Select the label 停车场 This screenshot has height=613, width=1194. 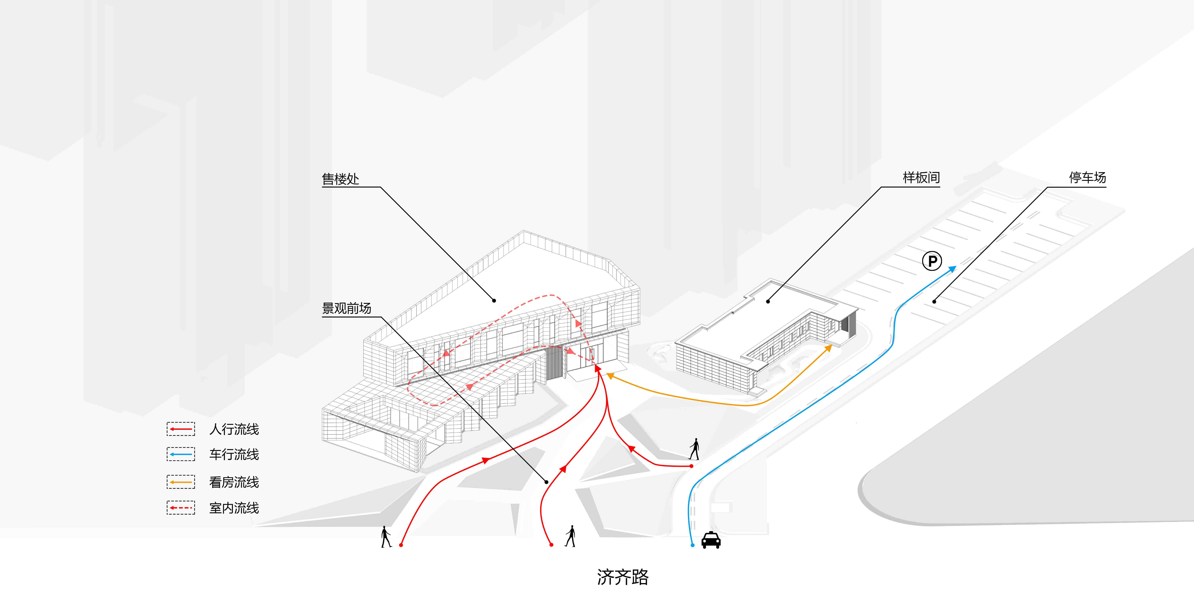click(x=1087, y=178)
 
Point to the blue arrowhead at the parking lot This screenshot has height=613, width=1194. click(x=952, y=269)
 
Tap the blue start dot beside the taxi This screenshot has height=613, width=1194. click(x=692, y=545)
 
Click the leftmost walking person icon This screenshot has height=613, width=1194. click(x=386, y=536)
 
